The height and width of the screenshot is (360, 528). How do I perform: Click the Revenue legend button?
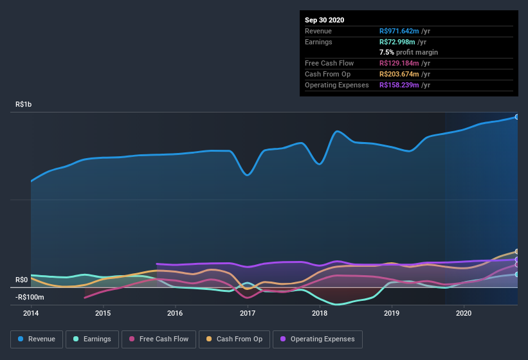click(37, 339)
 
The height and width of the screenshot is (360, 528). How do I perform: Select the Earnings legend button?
click(92, 339)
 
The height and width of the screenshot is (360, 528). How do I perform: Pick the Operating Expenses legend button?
click(318, 339)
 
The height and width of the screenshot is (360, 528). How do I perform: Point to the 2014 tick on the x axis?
click(31, 313)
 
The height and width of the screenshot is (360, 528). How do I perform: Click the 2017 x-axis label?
click(248, 313)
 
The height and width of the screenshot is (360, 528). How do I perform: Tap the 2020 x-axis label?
click(464, 313)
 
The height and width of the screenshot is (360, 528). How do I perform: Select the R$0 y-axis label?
click(22, 280)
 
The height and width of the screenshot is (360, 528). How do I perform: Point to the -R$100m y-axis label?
click(30, 297)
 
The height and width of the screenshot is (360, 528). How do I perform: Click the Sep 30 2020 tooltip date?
click(324, 20)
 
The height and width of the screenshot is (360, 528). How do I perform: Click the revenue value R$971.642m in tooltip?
click(400, 31)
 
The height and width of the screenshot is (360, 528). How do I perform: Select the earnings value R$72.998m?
click(398, 42)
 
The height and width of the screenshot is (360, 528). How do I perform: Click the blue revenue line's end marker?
click(516, 117)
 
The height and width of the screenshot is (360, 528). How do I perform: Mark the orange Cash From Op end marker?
click(516, 251)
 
